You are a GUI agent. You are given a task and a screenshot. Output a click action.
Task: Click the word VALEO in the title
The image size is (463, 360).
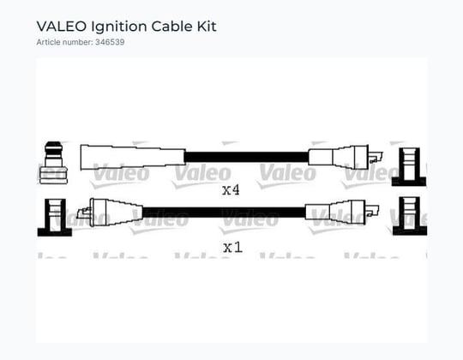[62, 27]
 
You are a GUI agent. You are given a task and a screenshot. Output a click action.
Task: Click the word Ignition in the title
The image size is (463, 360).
[119, 27]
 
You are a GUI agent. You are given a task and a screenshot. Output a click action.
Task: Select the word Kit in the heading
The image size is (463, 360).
[207, 27]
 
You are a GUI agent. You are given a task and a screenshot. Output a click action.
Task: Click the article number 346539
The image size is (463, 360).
[110, 42]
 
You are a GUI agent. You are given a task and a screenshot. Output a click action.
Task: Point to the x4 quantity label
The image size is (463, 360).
[231, 190]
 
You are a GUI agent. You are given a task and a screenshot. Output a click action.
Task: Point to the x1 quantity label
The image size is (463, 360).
[232, 247]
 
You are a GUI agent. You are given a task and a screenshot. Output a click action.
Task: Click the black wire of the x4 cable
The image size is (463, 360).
[247, 157]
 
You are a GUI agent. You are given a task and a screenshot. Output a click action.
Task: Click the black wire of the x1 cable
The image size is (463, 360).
[224, 213]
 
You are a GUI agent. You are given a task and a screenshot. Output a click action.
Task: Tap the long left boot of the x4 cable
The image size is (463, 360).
[133, 157]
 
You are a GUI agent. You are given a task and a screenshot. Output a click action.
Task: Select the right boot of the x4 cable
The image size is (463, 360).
[339, 157]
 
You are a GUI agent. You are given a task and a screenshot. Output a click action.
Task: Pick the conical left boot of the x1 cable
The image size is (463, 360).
[116, 213]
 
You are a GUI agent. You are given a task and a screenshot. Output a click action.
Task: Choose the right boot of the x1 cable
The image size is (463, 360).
[335, 213]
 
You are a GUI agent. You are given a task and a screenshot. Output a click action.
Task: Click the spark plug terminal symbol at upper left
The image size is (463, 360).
[53, 163]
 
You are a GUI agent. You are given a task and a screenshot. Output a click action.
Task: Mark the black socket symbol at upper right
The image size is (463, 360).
[409, 167]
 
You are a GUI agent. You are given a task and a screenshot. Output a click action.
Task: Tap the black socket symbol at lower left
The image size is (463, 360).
[55, 218]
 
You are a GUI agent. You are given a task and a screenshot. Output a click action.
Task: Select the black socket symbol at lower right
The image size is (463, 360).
[410, 216]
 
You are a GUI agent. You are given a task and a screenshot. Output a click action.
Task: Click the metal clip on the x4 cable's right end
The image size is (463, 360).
[376, 157]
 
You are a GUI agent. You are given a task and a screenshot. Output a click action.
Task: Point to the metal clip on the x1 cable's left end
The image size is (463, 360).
[83, 213]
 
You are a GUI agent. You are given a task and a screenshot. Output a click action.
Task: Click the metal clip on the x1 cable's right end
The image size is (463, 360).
[372, 211]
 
